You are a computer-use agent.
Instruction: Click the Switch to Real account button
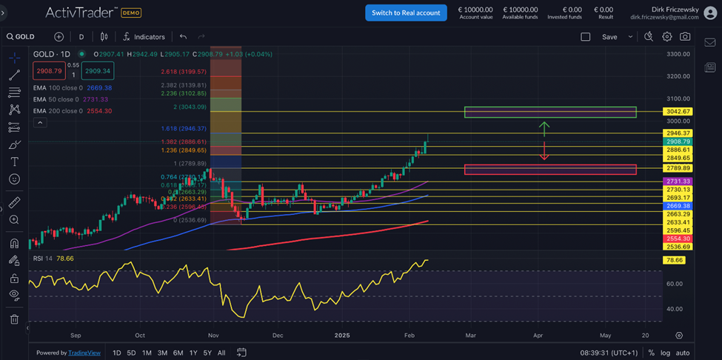click(x=406, y=13)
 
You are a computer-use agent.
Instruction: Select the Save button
click(x=609, y=36)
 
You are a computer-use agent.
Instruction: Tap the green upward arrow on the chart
click(x=544, y=128)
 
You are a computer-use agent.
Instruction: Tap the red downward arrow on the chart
click(x=544, y=151)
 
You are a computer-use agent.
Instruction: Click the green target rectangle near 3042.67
click(x=549, y=112)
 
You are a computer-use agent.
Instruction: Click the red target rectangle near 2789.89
click(x=549, y=170)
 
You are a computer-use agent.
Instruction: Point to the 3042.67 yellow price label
click(x=678, y=111)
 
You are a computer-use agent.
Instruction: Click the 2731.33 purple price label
click(x=678, y=181)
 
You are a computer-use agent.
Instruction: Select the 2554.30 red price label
click(x=678, y=239)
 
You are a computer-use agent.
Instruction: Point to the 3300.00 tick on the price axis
click(x=678, y=54)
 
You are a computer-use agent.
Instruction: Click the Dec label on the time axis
click(x=278, y=335)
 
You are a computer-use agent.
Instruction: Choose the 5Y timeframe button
click(x=207, y=353)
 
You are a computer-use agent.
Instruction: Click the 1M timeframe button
click(x=147, y=353)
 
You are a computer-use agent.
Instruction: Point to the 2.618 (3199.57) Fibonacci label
click(x=183, y=72)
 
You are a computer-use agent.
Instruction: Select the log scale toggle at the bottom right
click(x=665, y=353)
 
